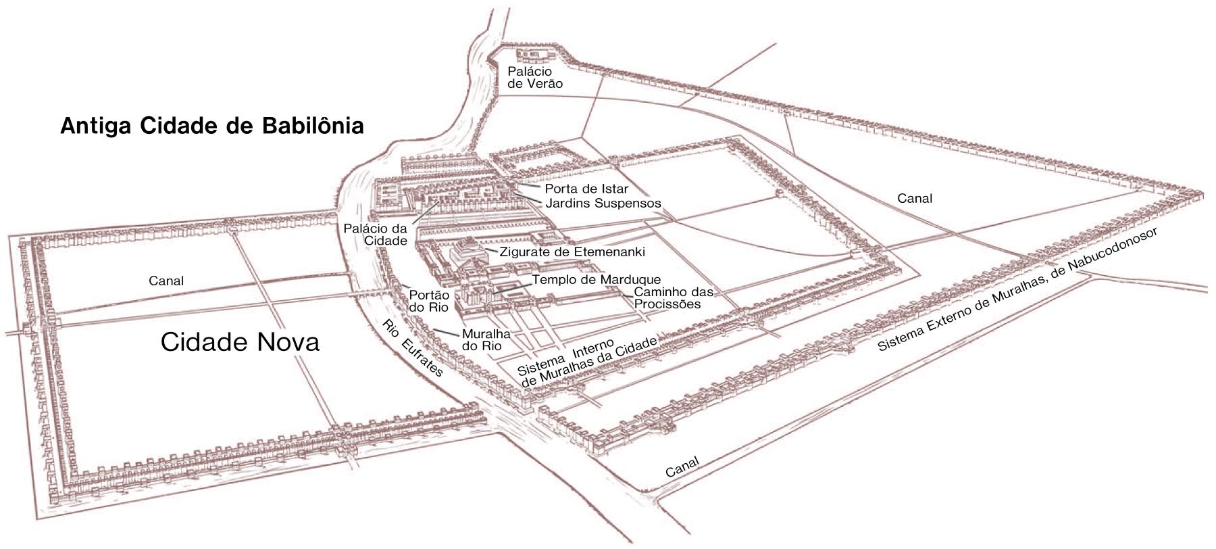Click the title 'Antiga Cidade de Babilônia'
click(212, 126)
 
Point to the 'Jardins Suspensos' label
click(603, 203)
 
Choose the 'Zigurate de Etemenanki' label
click(572, 252)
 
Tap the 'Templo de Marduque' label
click(597, 279)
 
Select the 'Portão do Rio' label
click(430, 300)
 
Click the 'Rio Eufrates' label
click(412, 347)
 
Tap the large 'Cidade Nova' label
click(240, 342)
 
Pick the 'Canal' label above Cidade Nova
click(166, 281)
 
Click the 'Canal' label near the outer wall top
click(915, 198)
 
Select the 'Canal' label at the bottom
click(682, 467)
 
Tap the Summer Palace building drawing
click(535, 54)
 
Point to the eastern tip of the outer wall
click(1207, 191)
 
